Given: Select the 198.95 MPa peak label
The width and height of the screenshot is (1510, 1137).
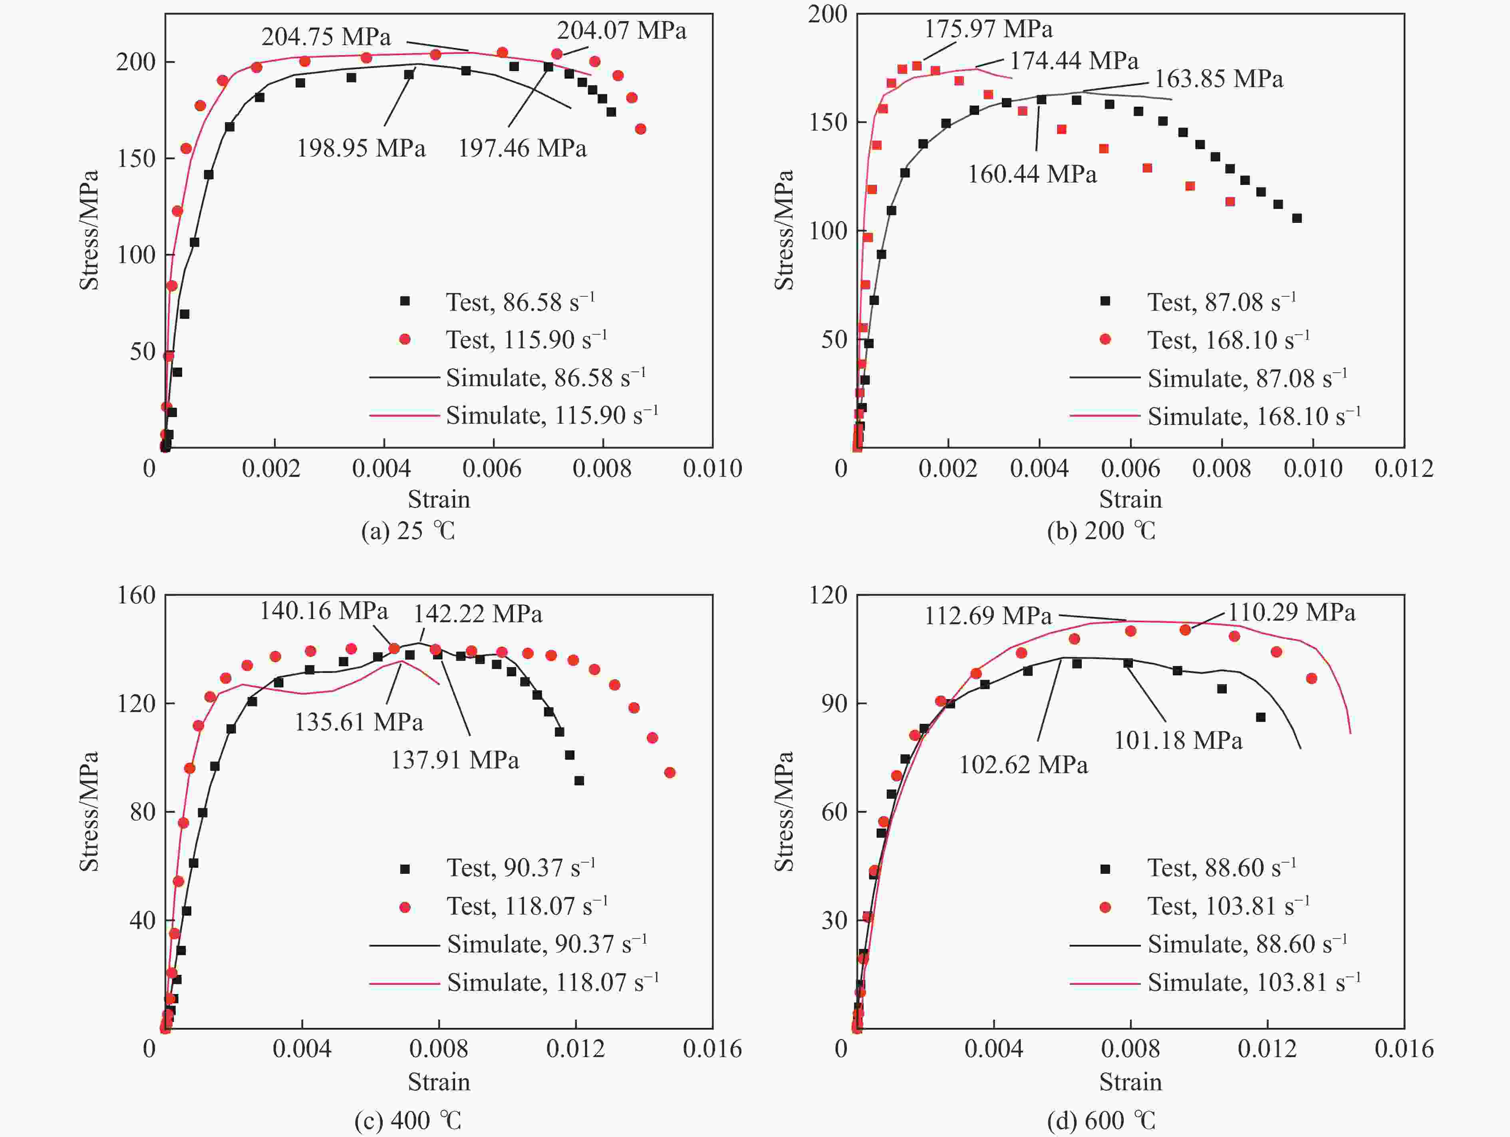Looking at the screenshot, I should pos(360,148).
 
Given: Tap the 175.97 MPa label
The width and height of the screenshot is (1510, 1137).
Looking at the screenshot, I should pos(988,29).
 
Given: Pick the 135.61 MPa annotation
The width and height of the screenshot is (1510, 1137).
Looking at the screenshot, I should pos(358,722).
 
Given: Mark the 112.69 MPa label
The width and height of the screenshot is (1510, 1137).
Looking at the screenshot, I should pos(988,616).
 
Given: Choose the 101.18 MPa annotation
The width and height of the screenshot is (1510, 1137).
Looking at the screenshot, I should pos(1178,740).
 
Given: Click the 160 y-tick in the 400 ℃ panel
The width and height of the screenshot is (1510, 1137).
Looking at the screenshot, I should pos(137,595).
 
